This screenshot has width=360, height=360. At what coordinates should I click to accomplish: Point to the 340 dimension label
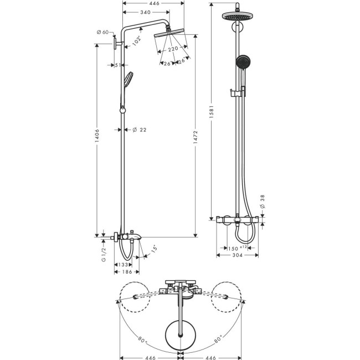point(146,12)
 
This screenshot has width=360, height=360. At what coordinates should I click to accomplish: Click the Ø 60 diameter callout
point(102,33)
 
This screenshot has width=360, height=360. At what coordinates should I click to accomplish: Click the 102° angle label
point(136,40)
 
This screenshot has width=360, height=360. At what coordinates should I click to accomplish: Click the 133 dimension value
point(122,265)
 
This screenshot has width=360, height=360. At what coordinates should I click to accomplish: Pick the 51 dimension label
point(117,65)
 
